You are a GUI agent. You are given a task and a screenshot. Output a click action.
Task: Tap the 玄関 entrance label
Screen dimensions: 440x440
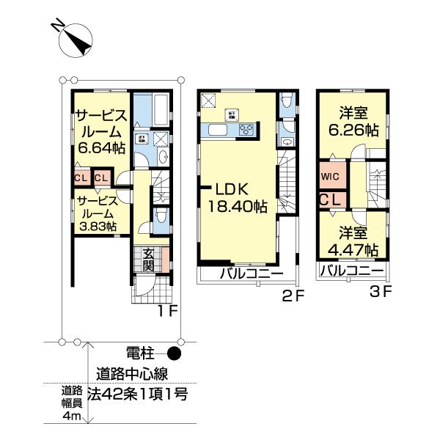coord(148,260)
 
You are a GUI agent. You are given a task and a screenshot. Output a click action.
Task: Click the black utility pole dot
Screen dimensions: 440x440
coord(173,352)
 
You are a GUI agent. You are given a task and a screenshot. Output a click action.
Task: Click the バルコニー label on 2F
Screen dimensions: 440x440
coord(252,274)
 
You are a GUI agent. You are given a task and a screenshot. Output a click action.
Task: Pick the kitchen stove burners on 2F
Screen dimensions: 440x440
coord(246,131)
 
